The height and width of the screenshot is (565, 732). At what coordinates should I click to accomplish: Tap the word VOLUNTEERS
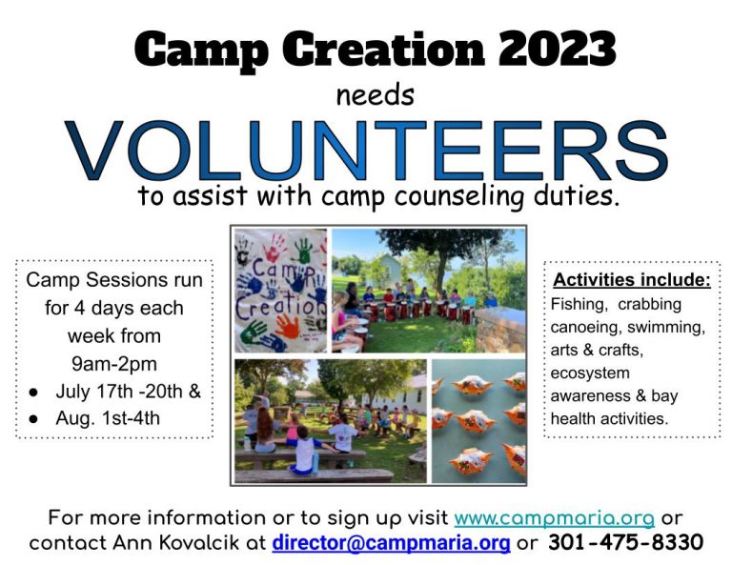[366, 151]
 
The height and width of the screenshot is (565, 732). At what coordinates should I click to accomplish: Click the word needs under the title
[376, 95]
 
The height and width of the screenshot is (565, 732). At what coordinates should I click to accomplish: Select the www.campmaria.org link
[554, 518]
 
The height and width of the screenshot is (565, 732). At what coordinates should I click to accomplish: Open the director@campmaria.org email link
[391, 543]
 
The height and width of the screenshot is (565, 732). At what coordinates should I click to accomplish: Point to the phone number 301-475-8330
[625, 542]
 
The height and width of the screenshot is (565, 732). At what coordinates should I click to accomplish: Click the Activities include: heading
[632, 280]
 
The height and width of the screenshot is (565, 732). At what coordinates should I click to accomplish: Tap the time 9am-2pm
[114, 364]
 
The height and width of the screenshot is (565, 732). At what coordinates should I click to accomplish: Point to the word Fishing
[579, 305]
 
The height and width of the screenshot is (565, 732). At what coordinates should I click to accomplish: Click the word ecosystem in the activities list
[590, 373]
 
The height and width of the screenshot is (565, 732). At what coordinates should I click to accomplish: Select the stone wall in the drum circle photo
[500, 330]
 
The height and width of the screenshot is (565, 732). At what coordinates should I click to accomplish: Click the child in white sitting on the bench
[303, 451]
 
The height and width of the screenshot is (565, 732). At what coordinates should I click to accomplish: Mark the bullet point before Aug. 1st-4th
[33, 419]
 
